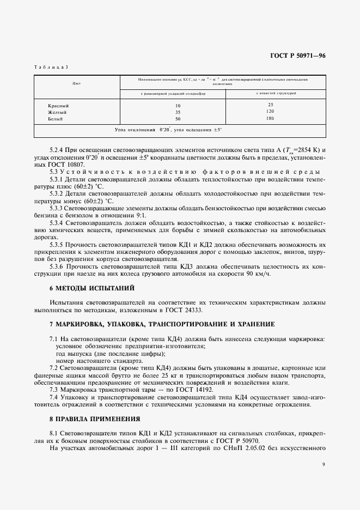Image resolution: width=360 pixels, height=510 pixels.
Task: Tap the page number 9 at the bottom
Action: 323,464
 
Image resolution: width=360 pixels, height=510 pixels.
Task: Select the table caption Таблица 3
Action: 51,66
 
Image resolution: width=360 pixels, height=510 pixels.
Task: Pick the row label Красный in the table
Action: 59,105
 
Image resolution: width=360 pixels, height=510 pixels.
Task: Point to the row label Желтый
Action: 58,111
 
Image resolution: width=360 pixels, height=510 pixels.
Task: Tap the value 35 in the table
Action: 177,112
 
